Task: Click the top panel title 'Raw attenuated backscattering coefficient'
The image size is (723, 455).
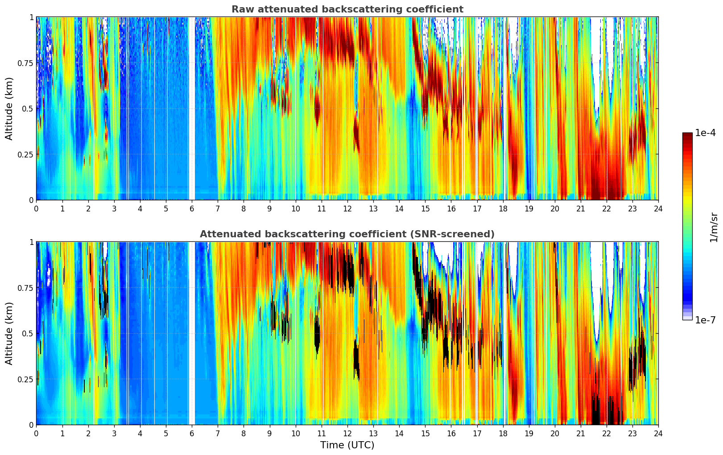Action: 347,9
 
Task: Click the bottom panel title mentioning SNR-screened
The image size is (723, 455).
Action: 347,234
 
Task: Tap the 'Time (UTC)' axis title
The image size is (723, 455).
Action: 347,445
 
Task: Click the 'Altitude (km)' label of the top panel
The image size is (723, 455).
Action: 9,108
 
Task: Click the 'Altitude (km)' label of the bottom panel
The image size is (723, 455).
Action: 9,333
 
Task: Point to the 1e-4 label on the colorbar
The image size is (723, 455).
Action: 705,133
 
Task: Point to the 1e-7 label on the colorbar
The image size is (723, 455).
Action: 705,320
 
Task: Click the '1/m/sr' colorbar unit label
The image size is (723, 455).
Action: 714,227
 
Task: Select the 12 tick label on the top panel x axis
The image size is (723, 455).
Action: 347,208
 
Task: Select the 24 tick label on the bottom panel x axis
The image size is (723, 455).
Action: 658,433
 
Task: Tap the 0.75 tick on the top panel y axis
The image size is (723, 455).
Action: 25,63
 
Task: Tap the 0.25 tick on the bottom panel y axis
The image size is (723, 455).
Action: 25,379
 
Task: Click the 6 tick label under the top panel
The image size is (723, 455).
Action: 192,208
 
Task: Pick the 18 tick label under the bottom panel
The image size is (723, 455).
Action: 503,433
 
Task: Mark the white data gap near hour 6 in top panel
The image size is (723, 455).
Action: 191,108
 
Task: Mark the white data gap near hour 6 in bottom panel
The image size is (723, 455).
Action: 191,333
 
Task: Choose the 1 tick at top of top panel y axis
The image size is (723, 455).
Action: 31,17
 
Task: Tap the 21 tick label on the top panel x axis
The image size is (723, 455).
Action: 580,208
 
